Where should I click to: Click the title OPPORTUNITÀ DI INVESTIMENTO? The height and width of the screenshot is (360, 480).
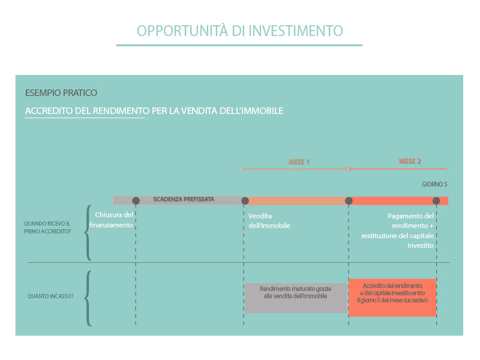(x=239, y=31)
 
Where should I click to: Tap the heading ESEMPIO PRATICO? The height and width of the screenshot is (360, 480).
(x=61, y=93)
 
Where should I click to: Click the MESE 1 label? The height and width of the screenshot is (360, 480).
(x=298, y=162)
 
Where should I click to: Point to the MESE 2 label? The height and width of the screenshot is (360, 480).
(x=410, y=161)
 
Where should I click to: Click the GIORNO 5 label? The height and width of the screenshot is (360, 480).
(x=434, y=184)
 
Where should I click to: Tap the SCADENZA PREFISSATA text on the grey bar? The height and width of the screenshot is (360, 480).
(x=184, y=199)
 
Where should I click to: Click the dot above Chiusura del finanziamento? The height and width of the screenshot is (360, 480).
(x=136, y=201)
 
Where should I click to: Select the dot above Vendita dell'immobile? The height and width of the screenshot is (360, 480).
(x=245, y=201)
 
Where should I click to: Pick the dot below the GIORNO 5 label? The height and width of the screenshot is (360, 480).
(x=436, y=201)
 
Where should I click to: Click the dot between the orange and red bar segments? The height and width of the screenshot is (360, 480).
(x=349, y=201)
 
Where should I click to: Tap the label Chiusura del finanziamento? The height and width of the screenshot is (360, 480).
(x=111, y=220)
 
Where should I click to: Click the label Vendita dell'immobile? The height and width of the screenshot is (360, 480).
(x=269, y=221)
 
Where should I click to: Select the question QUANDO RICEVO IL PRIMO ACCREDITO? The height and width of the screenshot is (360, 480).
(x=47, y=227)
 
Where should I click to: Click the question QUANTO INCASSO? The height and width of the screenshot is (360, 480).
(x=50, y=296)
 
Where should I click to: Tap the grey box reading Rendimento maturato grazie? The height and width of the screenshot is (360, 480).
(x=296, y=298)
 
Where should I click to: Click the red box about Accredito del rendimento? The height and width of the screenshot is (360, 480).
(x=392, y=298)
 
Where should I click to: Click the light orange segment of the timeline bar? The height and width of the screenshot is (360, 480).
(x=296, y=201)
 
